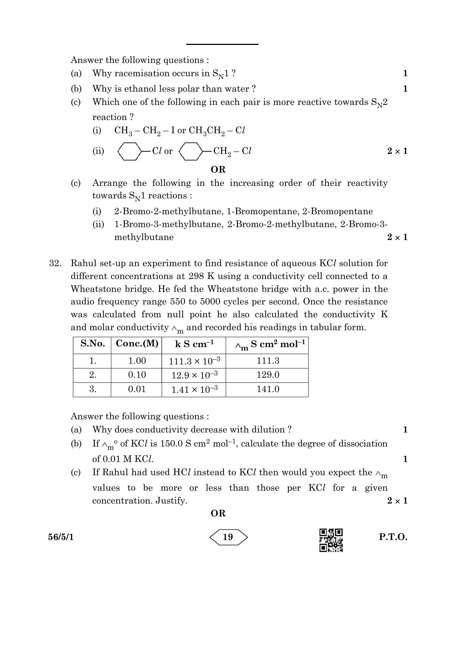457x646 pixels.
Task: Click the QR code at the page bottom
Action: (x=331, y=540)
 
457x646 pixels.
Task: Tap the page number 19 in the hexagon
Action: (x=228, y=537)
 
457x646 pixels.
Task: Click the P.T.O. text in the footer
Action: (x=393, y=537)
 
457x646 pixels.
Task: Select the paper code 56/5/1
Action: (x=61, y=537)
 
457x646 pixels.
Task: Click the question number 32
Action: (x=55, y=264)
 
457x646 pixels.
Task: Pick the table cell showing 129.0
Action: (x=268, y=375)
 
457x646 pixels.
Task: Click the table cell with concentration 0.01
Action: (x=137, y=389)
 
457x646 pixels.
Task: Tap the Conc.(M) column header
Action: (x=137, y=344)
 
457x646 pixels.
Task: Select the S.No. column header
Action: (x=92, y=344)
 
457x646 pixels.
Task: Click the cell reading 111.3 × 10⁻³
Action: (x=194, y=361)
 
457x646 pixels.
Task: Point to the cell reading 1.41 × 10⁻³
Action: (x=194, y=389)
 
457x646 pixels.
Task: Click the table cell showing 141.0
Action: (x=268, y=389)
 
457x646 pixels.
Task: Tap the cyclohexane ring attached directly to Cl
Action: (x=129, y=151)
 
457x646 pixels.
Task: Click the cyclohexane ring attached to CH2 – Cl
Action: (x=190, y=151)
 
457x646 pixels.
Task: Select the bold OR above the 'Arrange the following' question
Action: (x=218, y=170)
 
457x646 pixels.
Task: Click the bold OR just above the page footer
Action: (x=218, y=513)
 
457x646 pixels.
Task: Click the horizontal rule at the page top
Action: (x=222, y=44)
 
